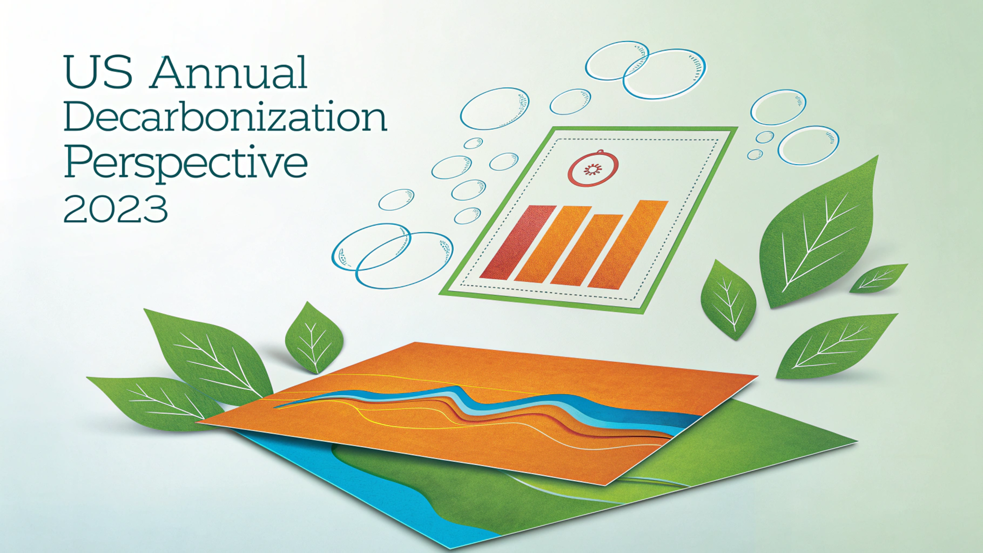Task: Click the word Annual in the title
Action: pyautogui.click(x=229, y=72)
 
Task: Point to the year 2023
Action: pyautogui.click(x=116, y=208)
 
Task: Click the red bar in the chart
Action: pyautogui.click(x=518, y=242)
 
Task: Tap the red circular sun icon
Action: pyautogui.click(x=593, y=169)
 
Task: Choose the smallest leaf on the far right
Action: pyautogui.click(x=878, y=278)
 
